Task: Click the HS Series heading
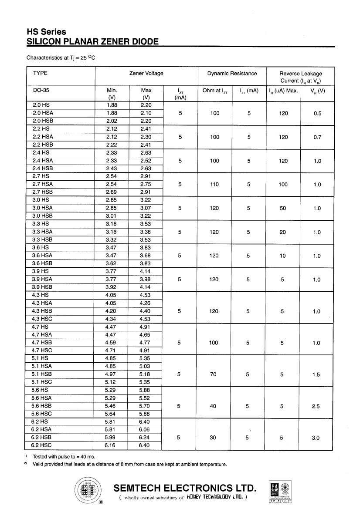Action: click(46, 32)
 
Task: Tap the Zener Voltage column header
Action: click(146, 73)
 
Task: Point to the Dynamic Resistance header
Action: click(232, 73)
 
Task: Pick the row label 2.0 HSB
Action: click(42, 121)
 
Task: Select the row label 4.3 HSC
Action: click(42, 319)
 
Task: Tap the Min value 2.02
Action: click(112, 121)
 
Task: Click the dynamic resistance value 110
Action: click(214, 184)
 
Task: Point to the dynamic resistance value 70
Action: click(213, 374)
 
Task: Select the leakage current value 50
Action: click(283, 208)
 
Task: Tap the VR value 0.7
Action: click(317, 137)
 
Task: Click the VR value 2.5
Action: click(316, 406)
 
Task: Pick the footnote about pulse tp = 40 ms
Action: click(64, 457)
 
